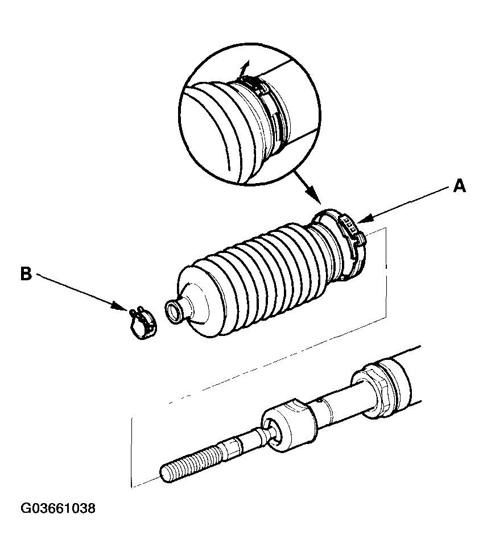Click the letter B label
click(26, 274)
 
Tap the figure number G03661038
click(58, 508)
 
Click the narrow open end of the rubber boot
click(172, 312)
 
